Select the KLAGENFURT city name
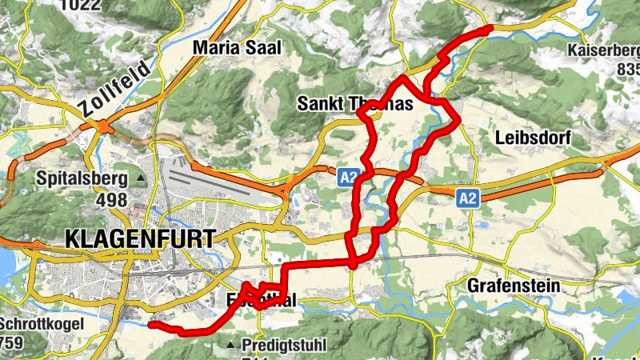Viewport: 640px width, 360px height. [x=140, y=238]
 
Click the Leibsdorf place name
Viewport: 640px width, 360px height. [x=533, y=138]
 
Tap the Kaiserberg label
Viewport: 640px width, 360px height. [x=603, y=51]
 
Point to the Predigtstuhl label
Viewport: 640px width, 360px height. [x=283, y=346]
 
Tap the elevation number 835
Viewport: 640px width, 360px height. [x=628, y=70]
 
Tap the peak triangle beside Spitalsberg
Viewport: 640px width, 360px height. [x=141, y=178]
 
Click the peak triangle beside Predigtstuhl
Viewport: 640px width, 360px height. [x=231, y=346]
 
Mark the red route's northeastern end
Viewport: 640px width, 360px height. [x=489, y=28]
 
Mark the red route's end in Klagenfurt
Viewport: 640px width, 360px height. [x=151, y=324]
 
